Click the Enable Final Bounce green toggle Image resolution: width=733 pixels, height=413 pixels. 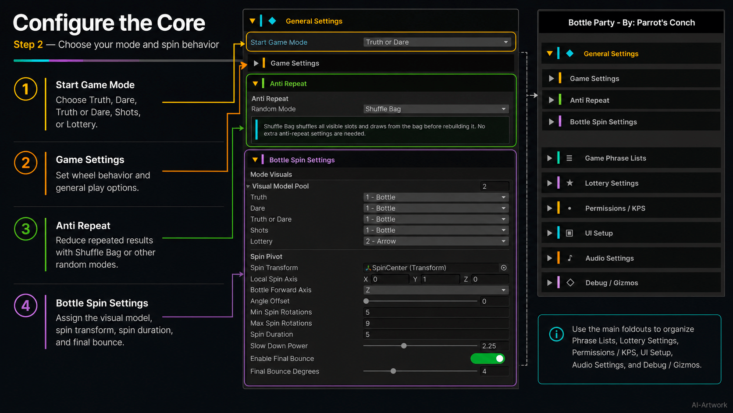coord(487,359)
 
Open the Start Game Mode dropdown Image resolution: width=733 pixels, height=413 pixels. coord(437,42)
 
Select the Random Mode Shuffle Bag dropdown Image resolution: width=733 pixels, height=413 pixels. coord(436,109)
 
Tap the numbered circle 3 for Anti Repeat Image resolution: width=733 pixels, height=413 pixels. coord(25,229)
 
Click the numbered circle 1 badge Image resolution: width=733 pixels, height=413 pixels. coord(25,89)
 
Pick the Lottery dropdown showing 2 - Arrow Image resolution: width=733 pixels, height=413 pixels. coord(436,241)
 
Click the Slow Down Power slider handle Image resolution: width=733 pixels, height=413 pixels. coord(404,346)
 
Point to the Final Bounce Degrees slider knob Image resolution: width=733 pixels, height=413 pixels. coord(393,371)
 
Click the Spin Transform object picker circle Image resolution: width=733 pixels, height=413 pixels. coord(504,268)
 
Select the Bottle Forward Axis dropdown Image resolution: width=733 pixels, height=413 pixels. coord(436,290)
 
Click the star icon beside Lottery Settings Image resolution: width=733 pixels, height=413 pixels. coord(570,183)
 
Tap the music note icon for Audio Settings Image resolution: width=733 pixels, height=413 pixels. coord(570,258)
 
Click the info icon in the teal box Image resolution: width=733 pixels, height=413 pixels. coord(556,334)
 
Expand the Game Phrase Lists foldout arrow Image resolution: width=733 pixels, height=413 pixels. coord(549,158)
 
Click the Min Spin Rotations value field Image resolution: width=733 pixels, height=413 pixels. coord(436,312)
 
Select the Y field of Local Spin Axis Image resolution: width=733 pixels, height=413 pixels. coord(440,280)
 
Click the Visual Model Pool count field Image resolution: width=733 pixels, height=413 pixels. coord(495,187)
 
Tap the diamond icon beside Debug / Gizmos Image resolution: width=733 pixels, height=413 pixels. coord(570,283)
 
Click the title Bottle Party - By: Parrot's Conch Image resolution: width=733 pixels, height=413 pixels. coord(631,22)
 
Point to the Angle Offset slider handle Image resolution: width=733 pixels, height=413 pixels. coord(366,301)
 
